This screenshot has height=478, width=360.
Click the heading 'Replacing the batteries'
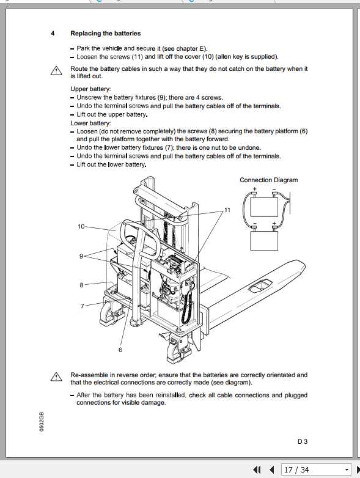[105, 33]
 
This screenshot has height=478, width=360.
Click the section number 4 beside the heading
[53, 33]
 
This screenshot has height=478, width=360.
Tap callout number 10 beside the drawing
[81, 226]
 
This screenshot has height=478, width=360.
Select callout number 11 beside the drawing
[227, 210]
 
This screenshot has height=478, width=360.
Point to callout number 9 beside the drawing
[81, 256]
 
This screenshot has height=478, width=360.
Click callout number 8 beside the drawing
[81, 285]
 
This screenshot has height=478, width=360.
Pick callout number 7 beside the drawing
[82, 305]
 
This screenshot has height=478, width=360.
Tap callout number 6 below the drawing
[120, 350]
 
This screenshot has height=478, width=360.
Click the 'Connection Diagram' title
[268, 180]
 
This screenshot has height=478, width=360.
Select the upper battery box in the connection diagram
[265, 206]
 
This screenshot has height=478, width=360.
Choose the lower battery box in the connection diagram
[265, 238]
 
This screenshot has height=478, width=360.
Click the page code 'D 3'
[303, 440]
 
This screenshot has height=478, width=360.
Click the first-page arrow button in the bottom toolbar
[257, 470]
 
